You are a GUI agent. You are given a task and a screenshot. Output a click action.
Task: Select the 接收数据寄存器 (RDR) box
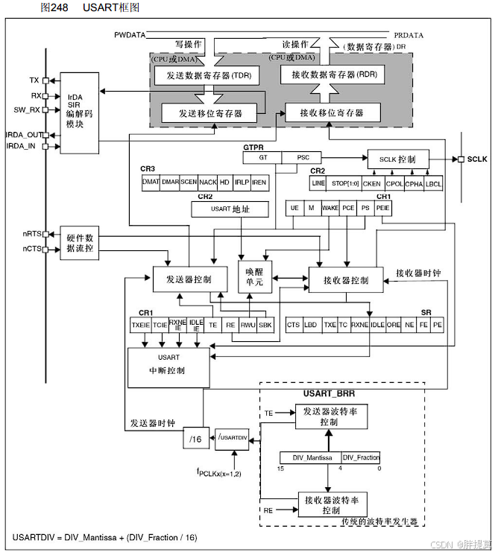330,74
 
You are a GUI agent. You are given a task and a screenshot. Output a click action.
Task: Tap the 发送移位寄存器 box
208,113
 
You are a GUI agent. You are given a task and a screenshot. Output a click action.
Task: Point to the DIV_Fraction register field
362,457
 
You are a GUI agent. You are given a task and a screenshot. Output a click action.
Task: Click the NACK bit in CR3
208,182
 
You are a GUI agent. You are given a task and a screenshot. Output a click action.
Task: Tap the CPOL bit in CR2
394,183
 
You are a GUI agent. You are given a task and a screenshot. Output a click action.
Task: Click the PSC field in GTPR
303,158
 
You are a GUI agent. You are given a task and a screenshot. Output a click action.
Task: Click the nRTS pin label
31,234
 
